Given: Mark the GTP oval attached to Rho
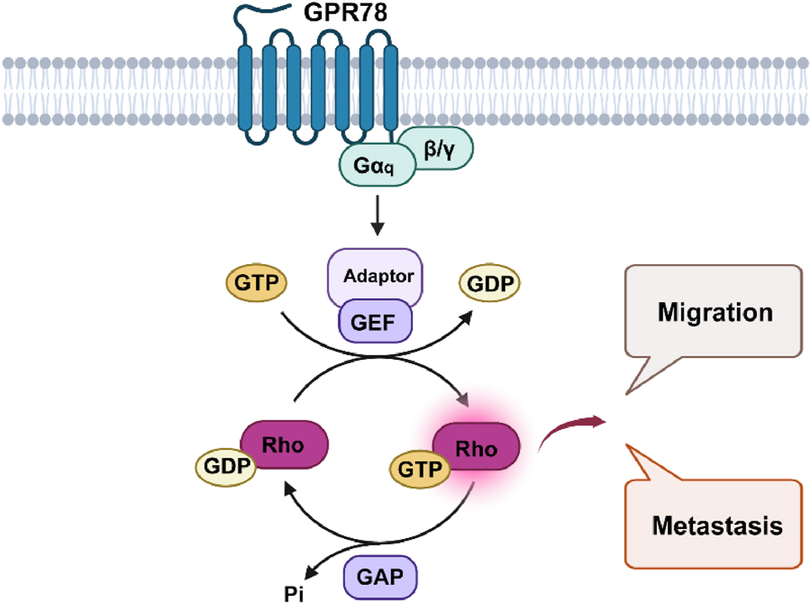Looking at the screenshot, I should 419,469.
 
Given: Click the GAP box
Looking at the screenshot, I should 378,575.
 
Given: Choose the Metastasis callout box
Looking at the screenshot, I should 715,525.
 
